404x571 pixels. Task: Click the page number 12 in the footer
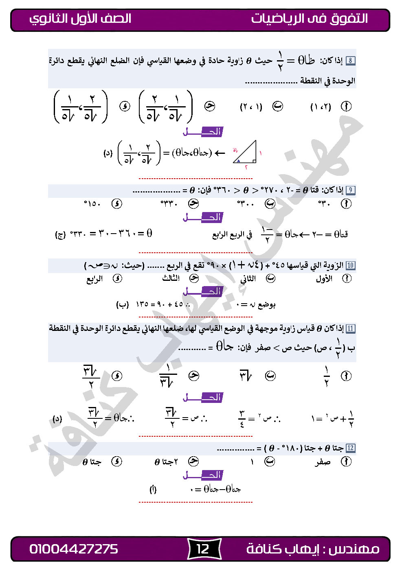(203, 549)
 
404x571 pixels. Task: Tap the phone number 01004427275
(74, 549)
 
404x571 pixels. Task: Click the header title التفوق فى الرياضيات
(310, 18)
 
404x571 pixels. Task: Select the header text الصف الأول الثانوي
(80, 19)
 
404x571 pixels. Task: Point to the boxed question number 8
(350, 61)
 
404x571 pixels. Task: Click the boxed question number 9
(350, 190)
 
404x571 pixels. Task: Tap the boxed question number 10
(350, 266)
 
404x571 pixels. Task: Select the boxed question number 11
(350, 328)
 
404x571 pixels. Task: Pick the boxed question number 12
(350, 448)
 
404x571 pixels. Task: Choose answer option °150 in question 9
(92, 203)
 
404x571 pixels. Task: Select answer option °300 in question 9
(246, 203)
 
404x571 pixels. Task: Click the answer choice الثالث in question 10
(171, 279)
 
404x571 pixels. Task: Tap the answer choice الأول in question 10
(324, 279)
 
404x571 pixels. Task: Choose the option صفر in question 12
(323, 462)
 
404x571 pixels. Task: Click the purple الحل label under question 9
(203, 217)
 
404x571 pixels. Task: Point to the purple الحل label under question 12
(203, 475)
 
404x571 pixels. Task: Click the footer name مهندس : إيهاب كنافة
(313, 549)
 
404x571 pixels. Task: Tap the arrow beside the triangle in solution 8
(220, 153)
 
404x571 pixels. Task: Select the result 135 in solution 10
(141, 304)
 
